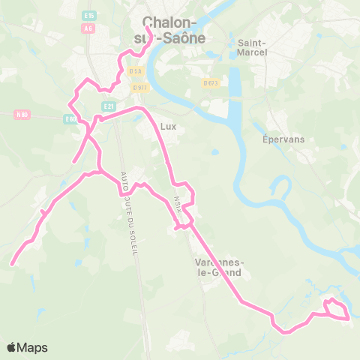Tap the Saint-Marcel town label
pyautogui.click(x=251, y=48)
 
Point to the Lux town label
pyautogui.click(x=168, y=127)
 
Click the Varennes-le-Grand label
pyautogui.click(x=217, y=267)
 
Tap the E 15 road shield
pyautogui.click(x=90, y=15)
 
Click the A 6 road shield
pyautogui.click(x=89, y=28)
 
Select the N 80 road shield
pyautogui.click(x=22, y=115)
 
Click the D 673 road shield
pyautogui.click(x=210, y=82)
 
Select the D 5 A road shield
pyautogui.click(x=135, y=70)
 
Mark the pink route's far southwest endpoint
pyautogui.click(x=12, y=264)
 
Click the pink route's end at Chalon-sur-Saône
pyautogui.click(x=145, y=31)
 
